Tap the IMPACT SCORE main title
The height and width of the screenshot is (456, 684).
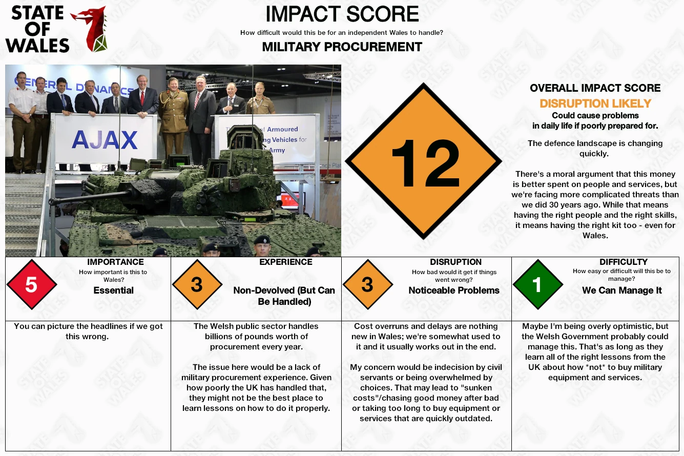(342, 14)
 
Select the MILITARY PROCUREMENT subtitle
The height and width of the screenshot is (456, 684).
(342, 47)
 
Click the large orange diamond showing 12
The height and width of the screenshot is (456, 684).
(423, 161)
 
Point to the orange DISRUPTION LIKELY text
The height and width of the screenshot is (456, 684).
(595, 103)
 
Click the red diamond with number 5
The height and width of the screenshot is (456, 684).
(32, 284)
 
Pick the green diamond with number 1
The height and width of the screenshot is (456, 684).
(538, 284)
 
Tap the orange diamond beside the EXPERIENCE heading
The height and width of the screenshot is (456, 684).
(197, 284)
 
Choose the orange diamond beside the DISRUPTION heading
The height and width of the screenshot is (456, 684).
(368, 284)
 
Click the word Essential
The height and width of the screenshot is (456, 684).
(114, 290)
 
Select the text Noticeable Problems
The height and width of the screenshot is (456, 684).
(454, 290)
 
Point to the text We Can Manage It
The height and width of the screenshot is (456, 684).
(621, 290)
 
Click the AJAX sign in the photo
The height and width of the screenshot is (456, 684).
(105, 140)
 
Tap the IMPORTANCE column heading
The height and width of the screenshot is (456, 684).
(115, 262)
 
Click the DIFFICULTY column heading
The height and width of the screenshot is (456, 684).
(624, 262)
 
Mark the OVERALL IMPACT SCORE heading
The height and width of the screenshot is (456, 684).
(595, 88)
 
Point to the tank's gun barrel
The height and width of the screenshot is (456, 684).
(92, 197)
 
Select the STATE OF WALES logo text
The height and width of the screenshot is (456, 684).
(37, 29)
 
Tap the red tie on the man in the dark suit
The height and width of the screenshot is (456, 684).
(142, 98)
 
